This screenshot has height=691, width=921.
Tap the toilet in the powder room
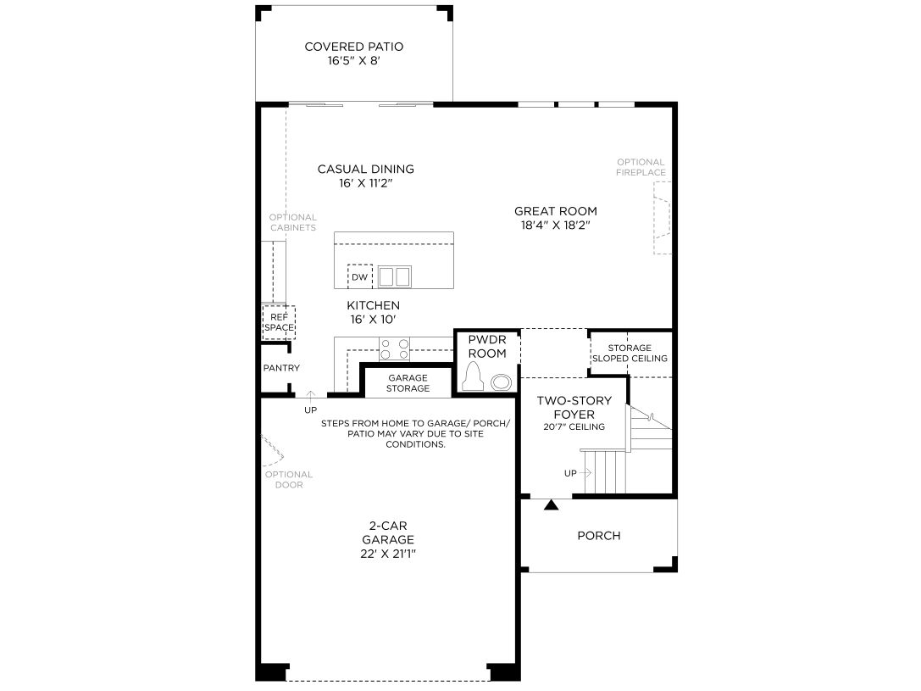(473, 376)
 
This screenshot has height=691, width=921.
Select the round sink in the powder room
(501, 382)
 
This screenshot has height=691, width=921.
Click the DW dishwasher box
(359, 276)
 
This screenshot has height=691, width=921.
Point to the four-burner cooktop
(395, 348)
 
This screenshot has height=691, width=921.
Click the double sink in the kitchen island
(395, 276)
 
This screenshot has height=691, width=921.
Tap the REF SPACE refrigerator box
(279, 322)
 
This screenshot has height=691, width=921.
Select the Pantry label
(281, 368)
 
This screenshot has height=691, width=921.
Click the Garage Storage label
(408, 383)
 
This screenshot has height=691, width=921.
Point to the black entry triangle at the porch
(551, 504)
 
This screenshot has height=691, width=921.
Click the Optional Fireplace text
(641, 167)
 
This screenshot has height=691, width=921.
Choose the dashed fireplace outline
(662, 217)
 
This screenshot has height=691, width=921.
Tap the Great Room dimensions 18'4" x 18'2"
(555, 225)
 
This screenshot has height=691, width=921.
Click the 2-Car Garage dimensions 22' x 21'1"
(388, 554)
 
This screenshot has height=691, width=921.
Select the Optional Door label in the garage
(289, 480)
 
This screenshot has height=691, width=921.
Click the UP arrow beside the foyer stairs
(585, 472)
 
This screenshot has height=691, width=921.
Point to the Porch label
(598, 535)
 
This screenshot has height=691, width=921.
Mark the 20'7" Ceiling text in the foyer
(574, 426)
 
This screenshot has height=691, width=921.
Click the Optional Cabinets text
(293, 222)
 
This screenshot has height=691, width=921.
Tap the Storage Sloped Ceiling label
(630, 354)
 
